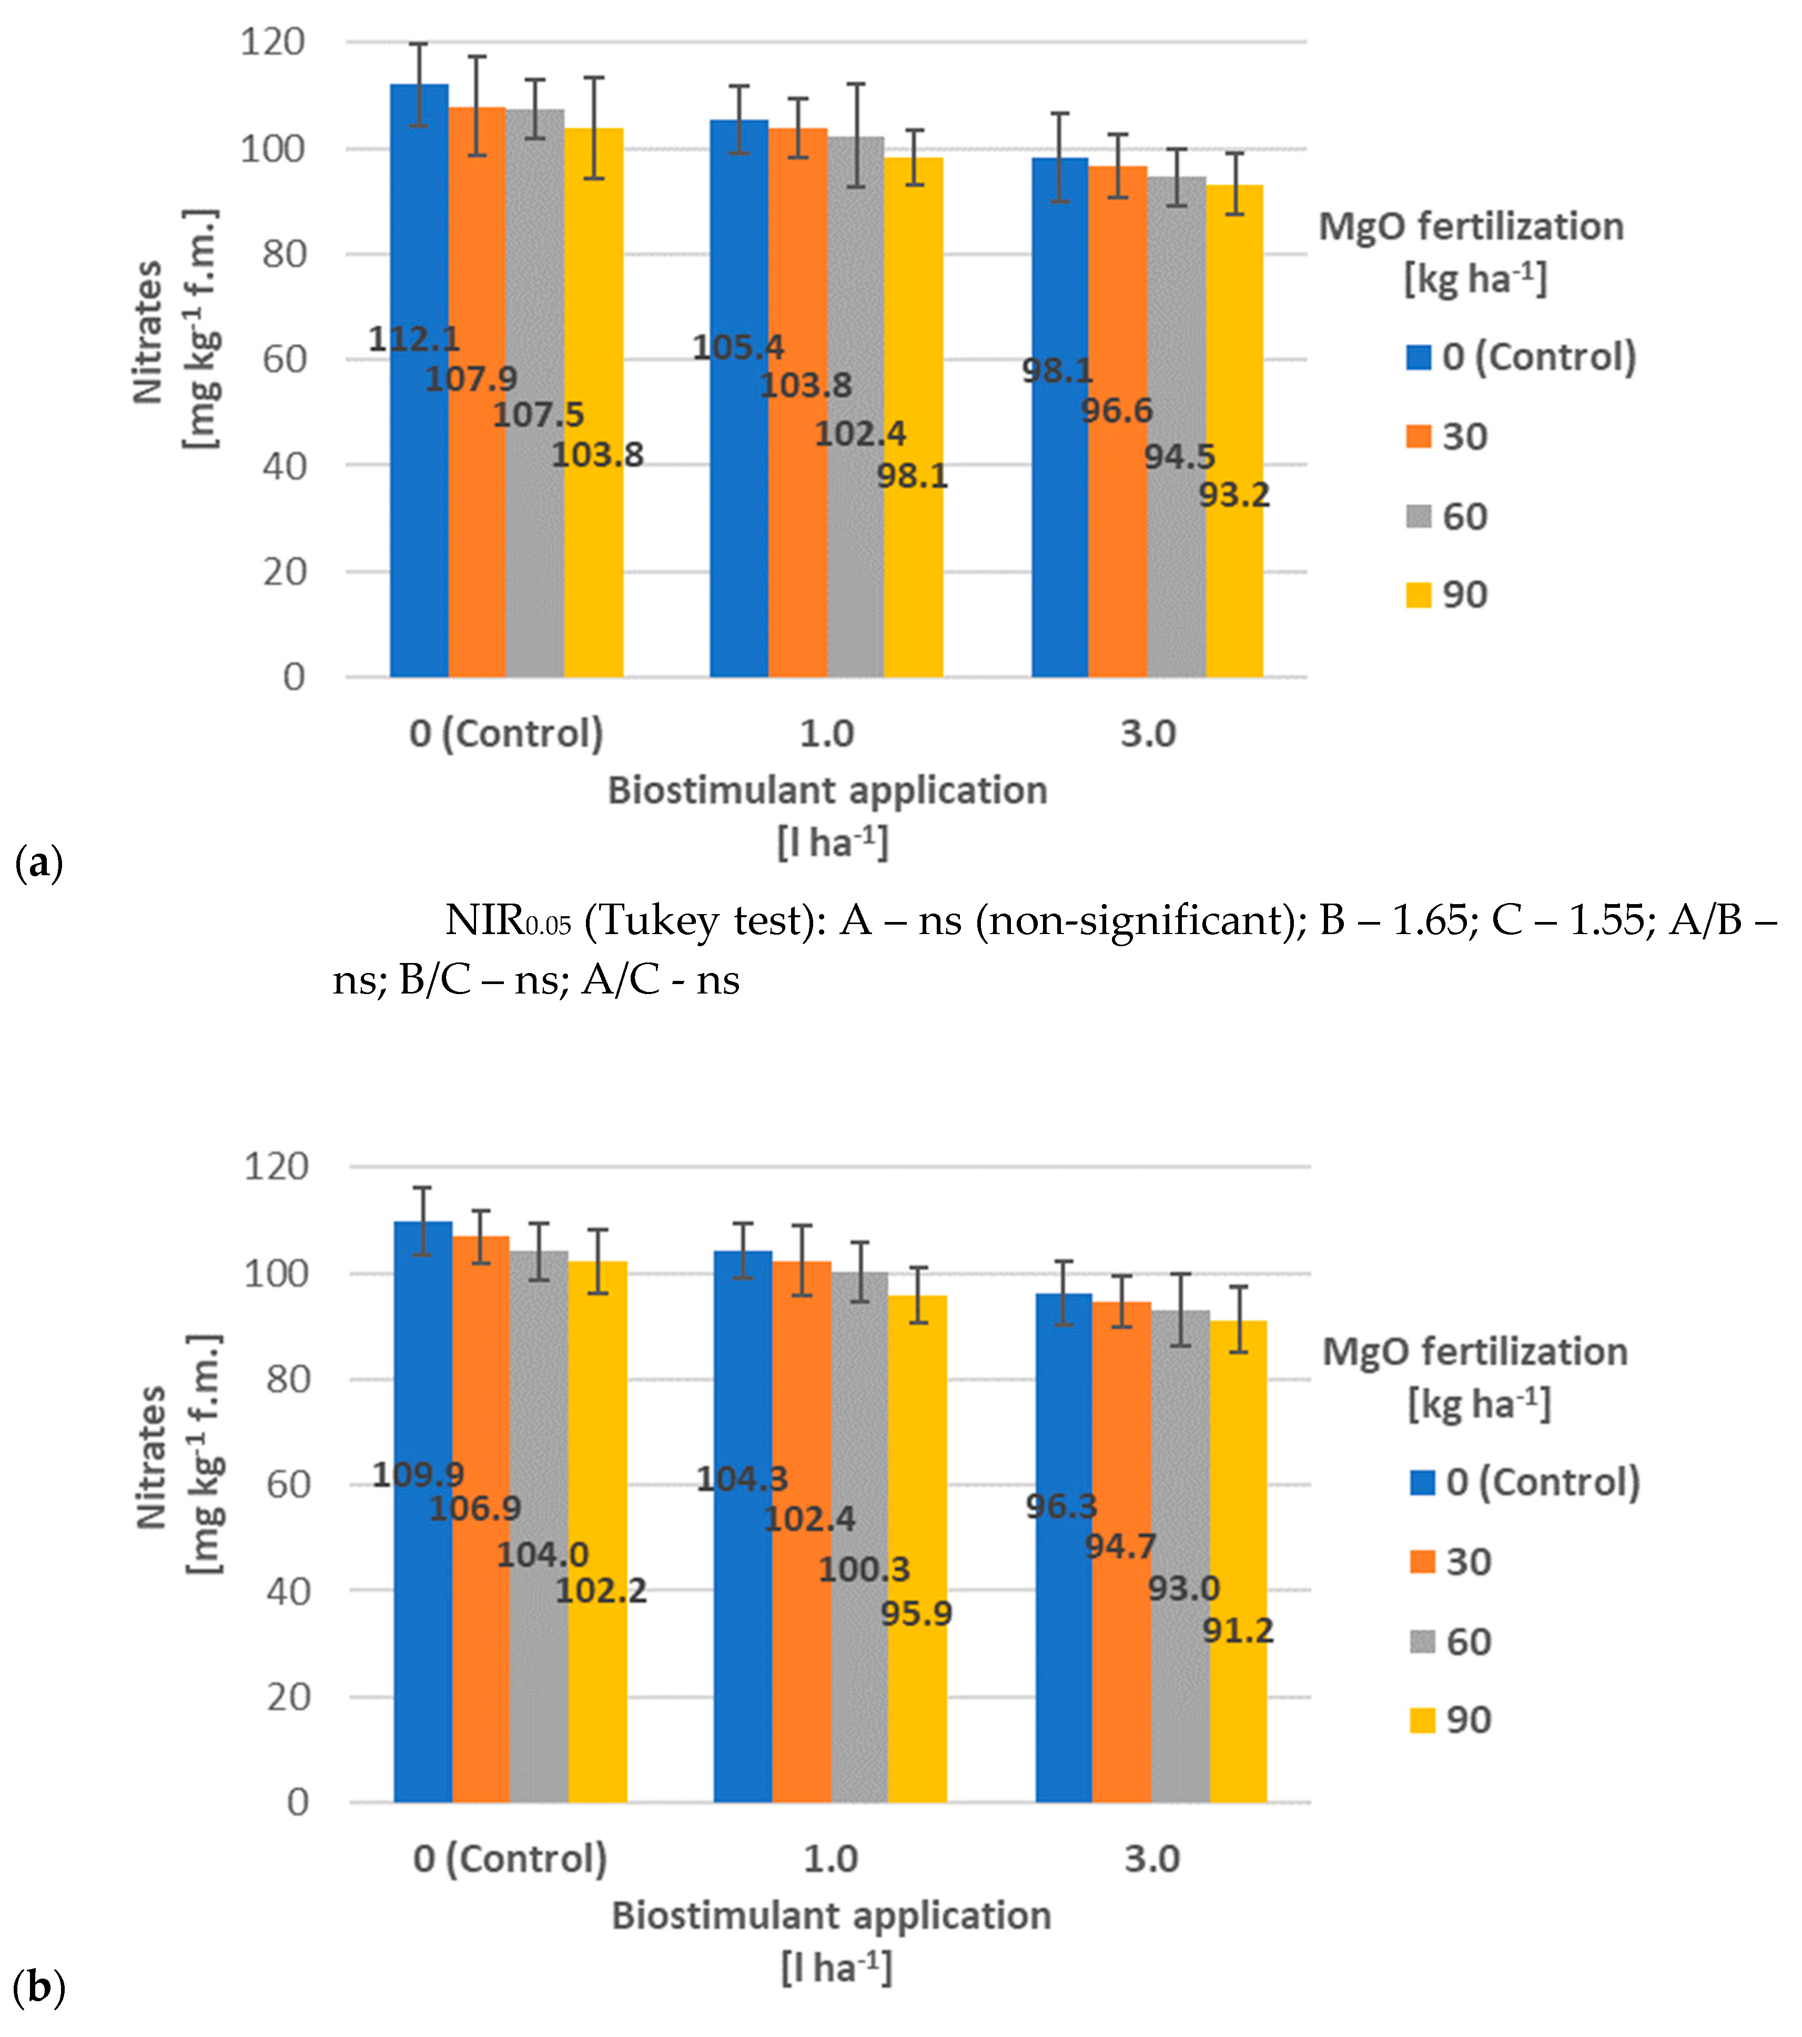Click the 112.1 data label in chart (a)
click(413, 340)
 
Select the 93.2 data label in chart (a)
click(1234, 495)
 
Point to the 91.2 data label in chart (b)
click(1237, 1630)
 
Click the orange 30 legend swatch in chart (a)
click(1418, 437)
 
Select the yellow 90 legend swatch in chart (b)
click(1421, 1719)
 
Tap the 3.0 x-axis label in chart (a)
click(1148, 734)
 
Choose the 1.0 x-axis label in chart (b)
click(830, 1859)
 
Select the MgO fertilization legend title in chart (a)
click(1471, 227)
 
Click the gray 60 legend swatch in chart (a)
click(1418, 516)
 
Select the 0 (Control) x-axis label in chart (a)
click(507, 734)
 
